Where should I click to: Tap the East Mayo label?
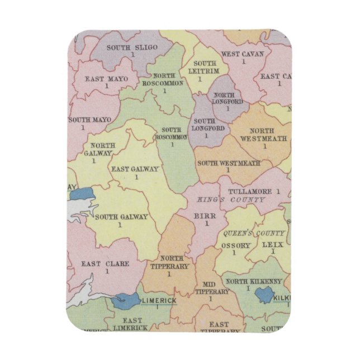click(x=104, y=79)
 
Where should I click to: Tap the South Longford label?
click(x=204, y=125)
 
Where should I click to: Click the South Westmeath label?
click(x=229, y=163)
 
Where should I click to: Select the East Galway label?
click(x=135, y=169)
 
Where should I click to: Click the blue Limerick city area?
click(x=125, y=301)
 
